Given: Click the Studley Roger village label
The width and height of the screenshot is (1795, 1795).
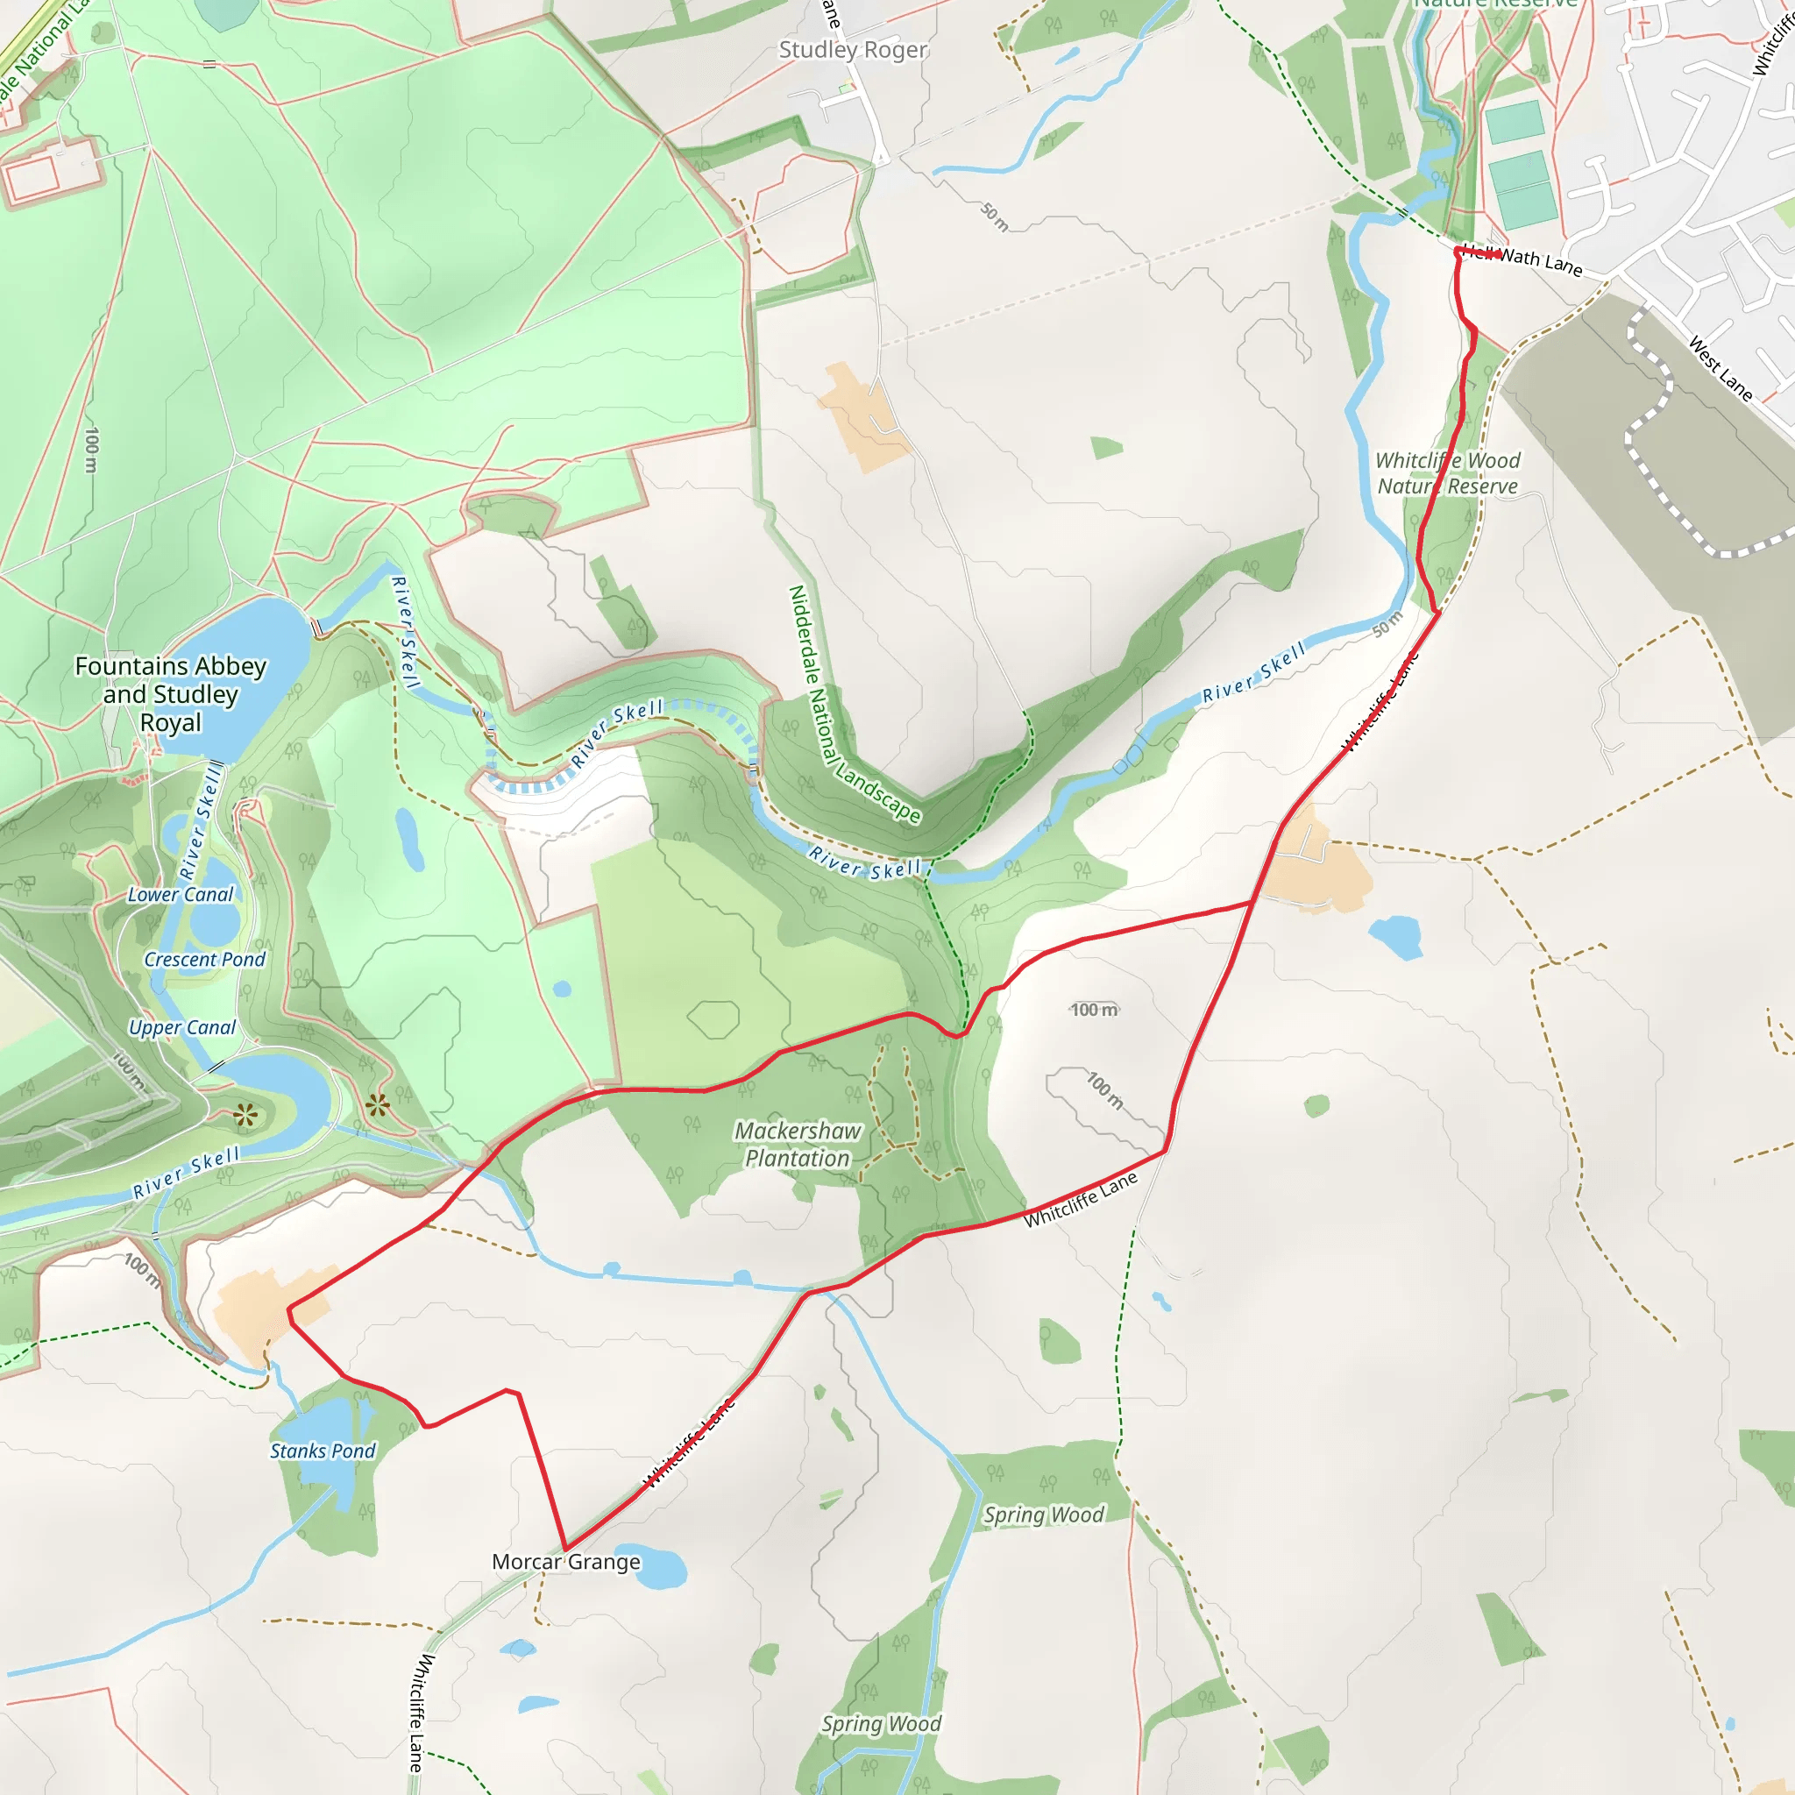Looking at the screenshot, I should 852,50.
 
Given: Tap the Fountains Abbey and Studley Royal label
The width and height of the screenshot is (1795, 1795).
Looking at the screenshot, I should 171,694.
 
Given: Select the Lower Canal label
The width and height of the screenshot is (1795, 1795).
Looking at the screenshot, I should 181,895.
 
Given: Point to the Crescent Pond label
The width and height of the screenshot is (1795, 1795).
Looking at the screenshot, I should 204,960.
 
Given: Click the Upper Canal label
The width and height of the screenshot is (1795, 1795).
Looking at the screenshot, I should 182,1027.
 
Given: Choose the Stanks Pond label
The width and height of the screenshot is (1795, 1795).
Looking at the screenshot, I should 323,1451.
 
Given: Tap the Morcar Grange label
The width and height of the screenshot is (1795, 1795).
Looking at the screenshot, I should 566,1562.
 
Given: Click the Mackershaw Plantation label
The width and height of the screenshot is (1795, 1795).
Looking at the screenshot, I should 798,1145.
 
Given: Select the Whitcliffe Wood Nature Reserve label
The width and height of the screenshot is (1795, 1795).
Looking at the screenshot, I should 1448,474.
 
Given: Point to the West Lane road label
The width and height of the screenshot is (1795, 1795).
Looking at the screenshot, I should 1721,369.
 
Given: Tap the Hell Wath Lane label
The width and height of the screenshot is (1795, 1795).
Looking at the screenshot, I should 1523,259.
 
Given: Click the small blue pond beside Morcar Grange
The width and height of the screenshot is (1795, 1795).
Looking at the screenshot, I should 663,1567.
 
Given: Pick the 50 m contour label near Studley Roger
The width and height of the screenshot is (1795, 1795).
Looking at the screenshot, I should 994,216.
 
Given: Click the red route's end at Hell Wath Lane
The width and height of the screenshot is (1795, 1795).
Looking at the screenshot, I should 1499,252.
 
